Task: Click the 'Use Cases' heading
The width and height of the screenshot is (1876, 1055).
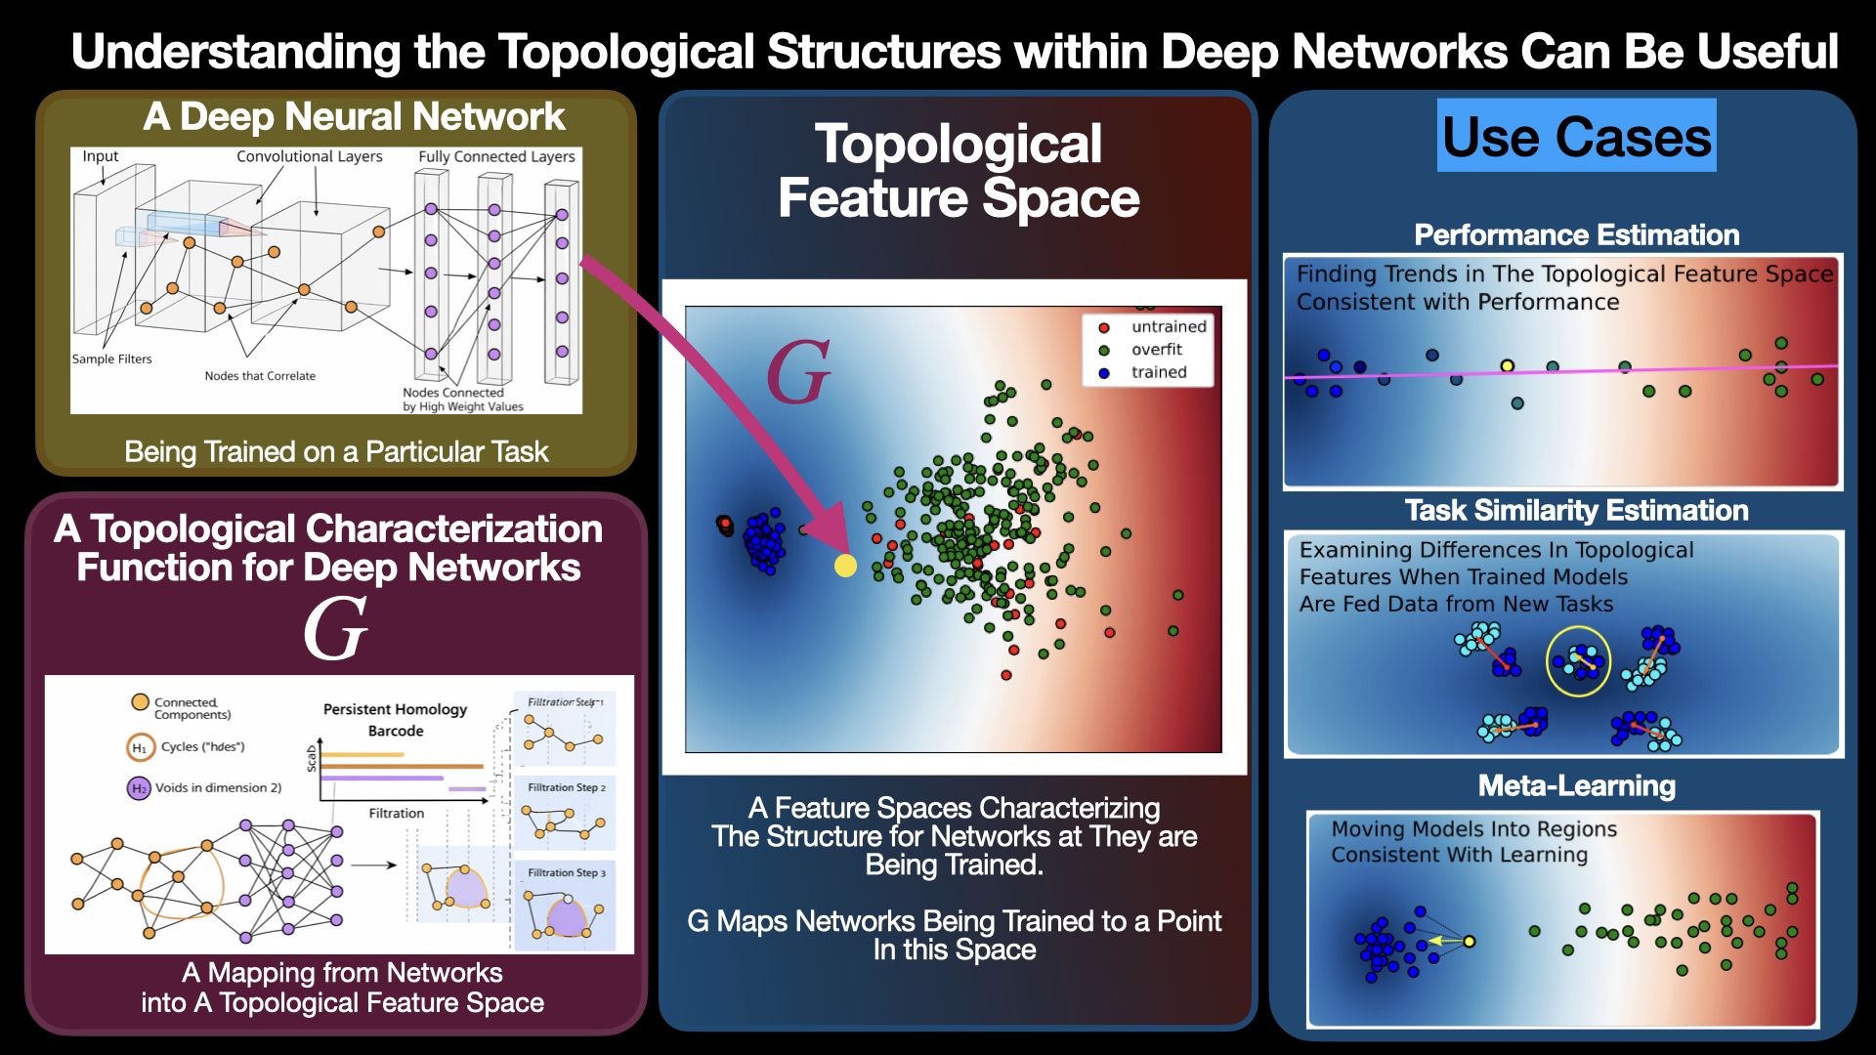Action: pyautogui.click(x=1576, y=136)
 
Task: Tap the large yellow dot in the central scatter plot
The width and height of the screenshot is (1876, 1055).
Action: pyautogui.click(x=845, y=566)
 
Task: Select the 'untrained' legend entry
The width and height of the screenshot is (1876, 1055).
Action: pyautogui.click(x=1169, y=326)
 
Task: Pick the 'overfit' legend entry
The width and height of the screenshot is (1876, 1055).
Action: pyautogui.click(x=1157, y=349)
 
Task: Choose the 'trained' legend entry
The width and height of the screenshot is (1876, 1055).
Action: pyautogui.click(x=1159, y=372)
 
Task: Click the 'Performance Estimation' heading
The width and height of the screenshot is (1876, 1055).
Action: pyautogui.click(x=1576, y=234)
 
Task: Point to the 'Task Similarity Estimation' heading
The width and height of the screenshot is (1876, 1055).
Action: pyautogui.click(x=1576, y=510)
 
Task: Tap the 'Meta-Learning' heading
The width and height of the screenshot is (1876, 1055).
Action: pyautogui.click(x=1576, y=785)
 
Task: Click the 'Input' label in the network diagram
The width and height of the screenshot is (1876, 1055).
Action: pyautogui.click(x=100, y=156)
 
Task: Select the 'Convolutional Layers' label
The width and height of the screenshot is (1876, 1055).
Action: pyautogui.click(x=309, y=156)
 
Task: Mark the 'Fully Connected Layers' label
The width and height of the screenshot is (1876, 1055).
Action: pyautogui.click(x=496, y=156)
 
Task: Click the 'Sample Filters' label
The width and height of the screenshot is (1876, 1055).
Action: pyautogui.click(x=111, y=359)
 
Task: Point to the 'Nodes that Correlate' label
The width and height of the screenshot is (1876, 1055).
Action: pyautogui.click(x=260, y=376)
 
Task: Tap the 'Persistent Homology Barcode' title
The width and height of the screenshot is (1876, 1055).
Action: pyautogui.click(x=395, y=720)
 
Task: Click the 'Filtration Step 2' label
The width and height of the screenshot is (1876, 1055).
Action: pyautogui.click(x=567, y=787)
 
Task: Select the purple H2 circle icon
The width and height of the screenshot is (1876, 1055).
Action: pyautogui.click(x=139, y=788)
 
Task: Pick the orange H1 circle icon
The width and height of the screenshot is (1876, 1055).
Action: pyautogui.click(x=139, y=747)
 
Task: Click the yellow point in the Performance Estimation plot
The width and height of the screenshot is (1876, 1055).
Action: pyautogui.click(x=1508, y=365)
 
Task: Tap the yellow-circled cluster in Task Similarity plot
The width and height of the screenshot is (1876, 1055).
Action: pyautogui.click(x=1578, y=661)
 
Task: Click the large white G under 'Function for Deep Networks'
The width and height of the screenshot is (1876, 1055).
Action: pyautogui.click(x=335, y=629)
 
